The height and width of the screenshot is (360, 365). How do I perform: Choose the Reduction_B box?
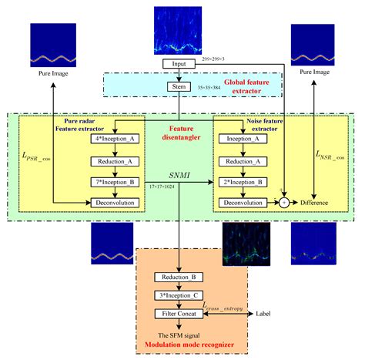(x=179, y=277)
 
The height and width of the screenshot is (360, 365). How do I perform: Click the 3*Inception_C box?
(x=179, y=297)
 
